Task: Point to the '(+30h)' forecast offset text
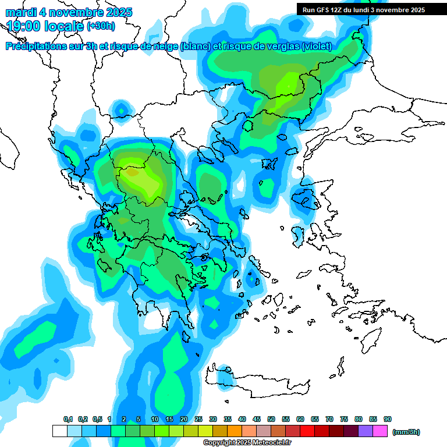[101, 26]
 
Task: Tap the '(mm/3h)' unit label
[406, 432]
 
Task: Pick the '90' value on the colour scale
[388, 419]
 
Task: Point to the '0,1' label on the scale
[68, 419]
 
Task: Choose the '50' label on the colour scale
[271, 419]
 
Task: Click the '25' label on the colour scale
[198, 419]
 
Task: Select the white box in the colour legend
[59, 431]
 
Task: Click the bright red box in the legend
[307, 431]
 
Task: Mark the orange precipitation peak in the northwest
[132, 172]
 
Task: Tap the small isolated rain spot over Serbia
[121, 109]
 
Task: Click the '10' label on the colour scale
[155, 419]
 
